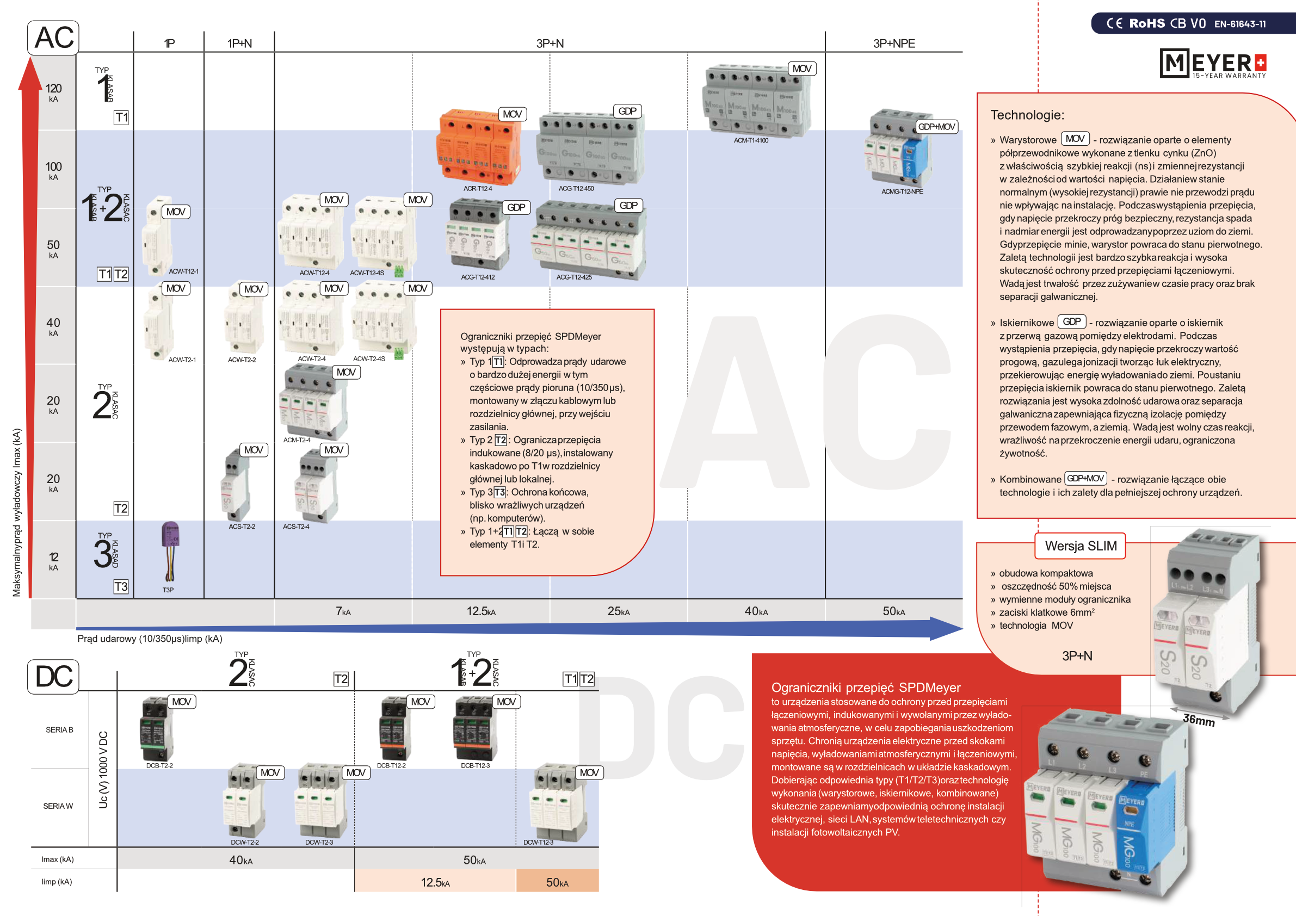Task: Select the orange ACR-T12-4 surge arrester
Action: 479,147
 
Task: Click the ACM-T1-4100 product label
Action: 751,140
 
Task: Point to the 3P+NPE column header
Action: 893,44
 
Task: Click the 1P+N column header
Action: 239,44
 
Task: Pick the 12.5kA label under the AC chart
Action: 481,611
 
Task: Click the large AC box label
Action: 54,38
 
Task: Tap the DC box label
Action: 54,676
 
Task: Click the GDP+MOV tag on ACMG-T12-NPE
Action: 936,127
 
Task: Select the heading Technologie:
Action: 1027,115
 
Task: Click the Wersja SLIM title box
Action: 1081,546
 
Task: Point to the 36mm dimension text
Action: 1199,720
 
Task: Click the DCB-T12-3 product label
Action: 475,766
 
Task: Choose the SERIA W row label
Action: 58,806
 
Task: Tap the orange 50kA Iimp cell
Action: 557,882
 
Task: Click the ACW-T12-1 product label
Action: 183,271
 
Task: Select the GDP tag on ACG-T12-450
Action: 627,111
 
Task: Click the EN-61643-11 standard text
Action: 1240,24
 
